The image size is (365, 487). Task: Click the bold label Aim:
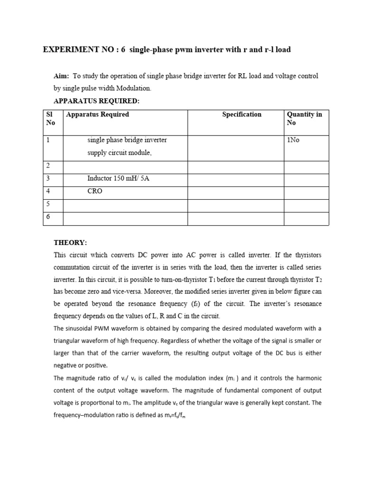(61, 76)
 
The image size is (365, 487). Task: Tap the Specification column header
(241, 115)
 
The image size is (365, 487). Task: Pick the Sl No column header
(50, 118)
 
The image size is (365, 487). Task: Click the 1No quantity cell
(293, 140)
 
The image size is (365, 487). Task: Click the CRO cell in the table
(95, 191)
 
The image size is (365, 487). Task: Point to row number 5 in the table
(48, 204)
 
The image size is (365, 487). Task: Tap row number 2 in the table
(48, 166)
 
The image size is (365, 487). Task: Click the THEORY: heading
(70, 243)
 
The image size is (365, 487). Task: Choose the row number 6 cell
(48, 217)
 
